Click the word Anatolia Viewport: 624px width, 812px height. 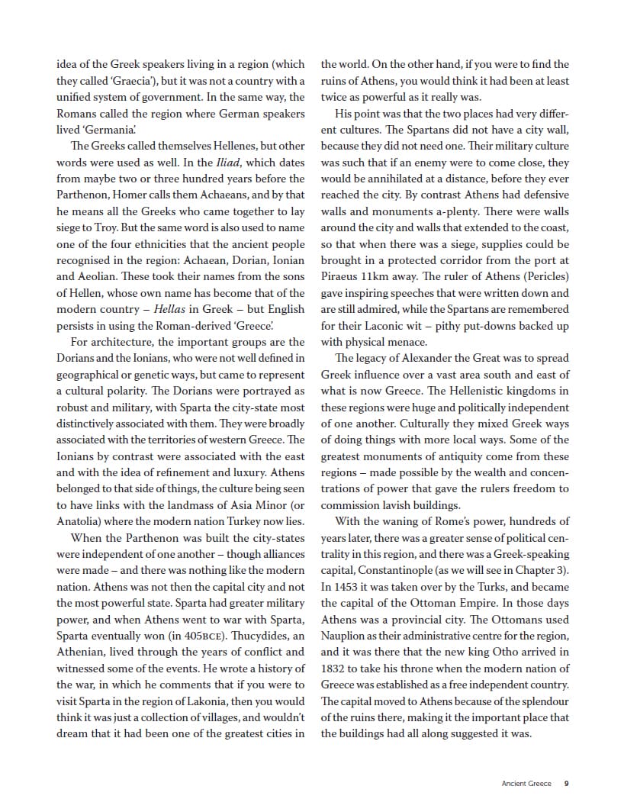pos(79,522)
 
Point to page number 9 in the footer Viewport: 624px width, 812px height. pos(566,783)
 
